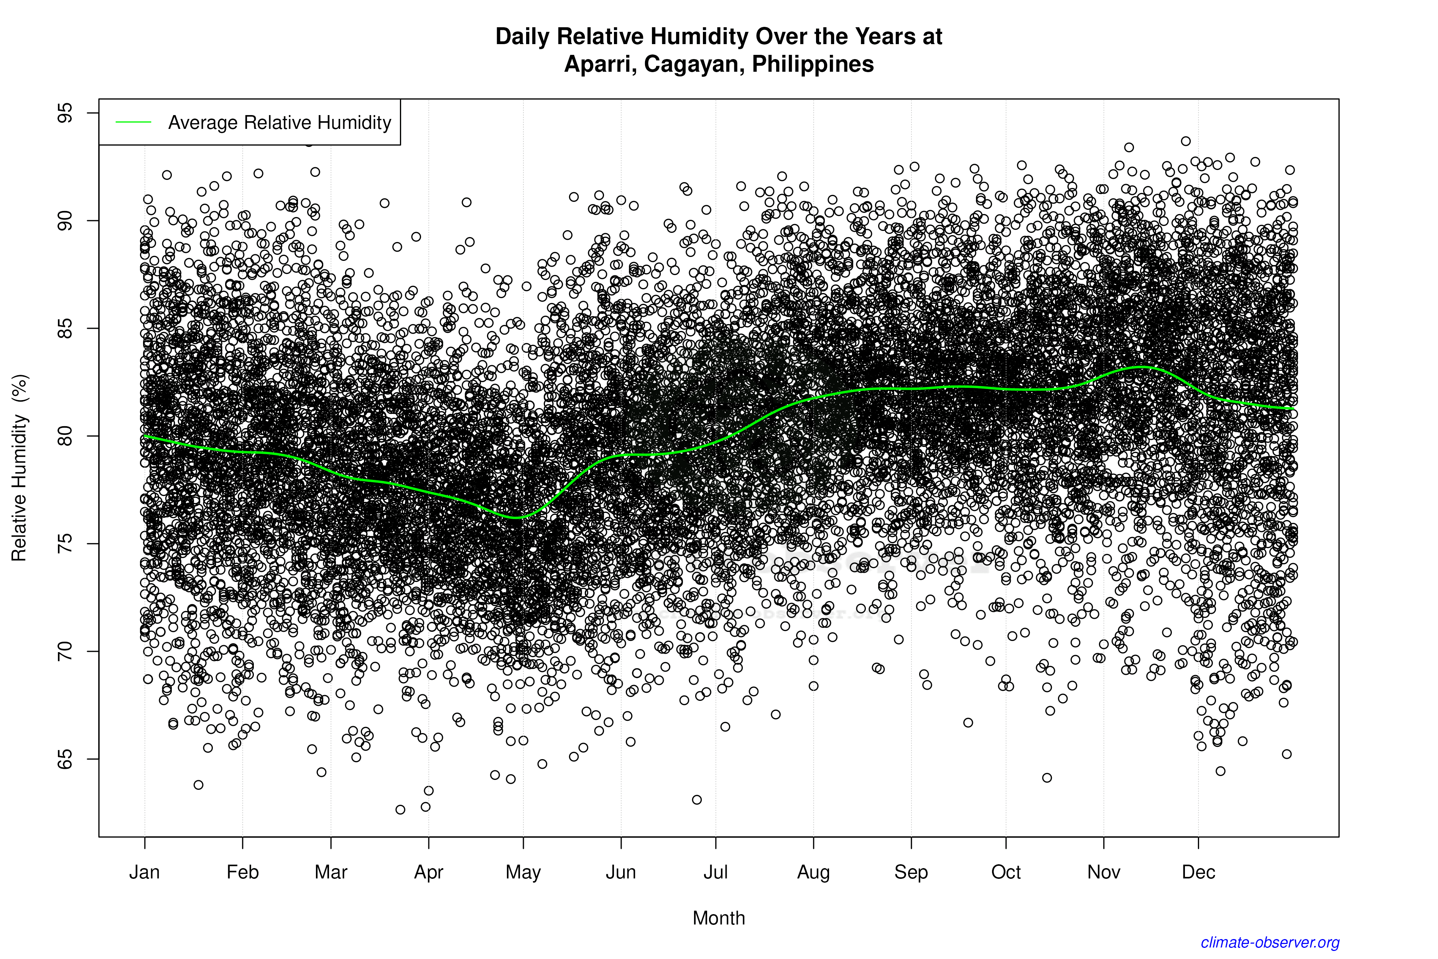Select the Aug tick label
click(813, 872)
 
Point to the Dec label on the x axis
click(1198, 872)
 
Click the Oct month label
click(1006, 872)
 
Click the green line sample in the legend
click(133, 122)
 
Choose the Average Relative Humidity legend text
click(280, 122)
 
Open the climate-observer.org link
click(1269, 943)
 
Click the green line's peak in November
click(1140, 366)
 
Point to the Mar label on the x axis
click(331, 872)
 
